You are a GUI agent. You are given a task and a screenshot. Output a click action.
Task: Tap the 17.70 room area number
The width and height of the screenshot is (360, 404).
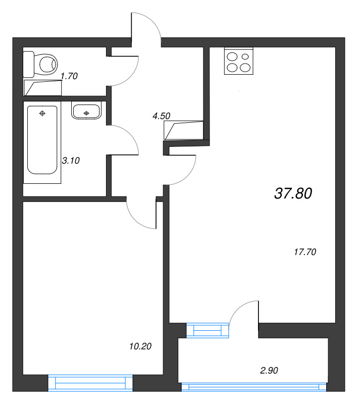point(304,252)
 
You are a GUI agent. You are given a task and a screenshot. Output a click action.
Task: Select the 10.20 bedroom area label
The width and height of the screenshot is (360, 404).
point(140,346)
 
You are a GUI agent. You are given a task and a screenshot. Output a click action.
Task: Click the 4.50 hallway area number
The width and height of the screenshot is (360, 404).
point(161,116)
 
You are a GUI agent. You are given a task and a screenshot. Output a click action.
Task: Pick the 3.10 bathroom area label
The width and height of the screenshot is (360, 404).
point(71,161)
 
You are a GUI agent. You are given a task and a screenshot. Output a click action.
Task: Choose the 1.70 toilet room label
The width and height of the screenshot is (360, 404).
point(69,76)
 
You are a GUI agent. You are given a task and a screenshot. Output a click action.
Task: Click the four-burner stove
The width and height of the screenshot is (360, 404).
point(238,62)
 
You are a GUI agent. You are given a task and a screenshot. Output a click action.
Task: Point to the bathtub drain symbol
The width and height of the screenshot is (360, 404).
point(42,113)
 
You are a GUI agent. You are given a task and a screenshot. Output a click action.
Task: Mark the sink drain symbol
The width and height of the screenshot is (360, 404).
point(86,113)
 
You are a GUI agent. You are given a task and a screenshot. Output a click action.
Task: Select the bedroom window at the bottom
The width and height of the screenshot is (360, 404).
point(90,382)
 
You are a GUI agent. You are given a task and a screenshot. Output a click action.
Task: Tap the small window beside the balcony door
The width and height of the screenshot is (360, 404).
point(208,330)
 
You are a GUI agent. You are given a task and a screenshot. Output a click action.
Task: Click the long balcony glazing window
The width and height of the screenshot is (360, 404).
point(254,387)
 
